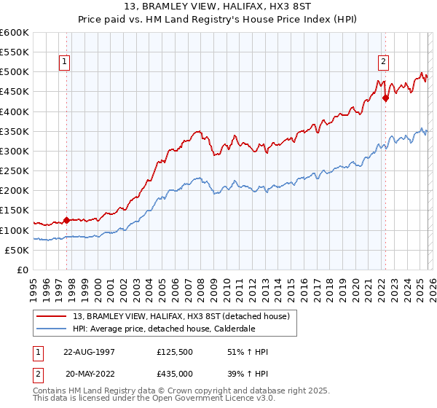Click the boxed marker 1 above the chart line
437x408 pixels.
65,63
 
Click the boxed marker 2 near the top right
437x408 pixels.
383,63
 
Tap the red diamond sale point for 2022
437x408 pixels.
385,99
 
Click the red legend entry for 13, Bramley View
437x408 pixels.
182,316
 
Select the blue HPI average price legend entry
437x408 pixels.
173,329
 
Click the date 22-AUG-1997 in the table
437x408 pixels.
91,352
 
